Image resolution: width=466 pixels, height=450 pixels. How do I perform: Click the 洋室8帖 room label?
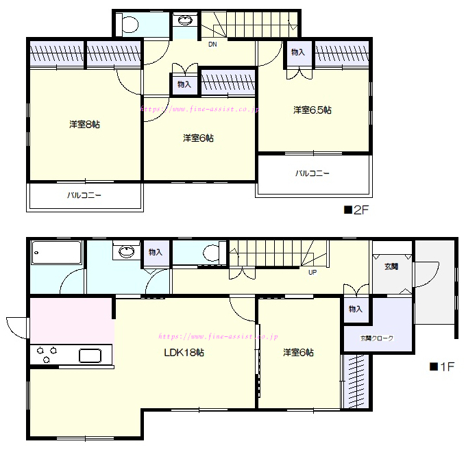[85, 124]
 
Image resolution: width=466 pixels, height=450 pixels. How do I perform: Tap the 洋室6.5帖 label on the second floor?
[312, 110]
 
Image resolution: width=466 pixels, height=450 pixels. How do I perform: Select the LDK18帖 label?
[184, 353]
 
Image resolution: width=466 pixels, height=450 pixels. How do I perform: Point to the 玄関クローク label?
[377, 338]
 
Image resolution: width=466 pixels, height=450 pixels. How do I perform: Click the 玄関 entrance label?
[391, 266]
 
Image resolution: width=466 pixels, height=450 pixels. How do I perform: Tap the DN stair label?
[212, 45]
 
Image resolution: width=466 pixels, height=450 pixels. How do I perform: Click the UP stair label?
[312, 272]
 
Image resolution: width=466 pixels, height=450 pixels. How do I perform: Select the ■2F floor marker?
[356, 210]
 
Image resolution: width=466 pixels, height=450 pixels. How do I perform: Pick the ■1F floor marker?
[442, 367]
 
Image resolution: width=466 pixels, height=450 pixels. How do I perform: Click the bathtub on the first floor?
[56, 253]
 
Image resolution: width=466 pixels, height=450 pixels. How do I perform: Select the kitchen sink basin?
[90, 355]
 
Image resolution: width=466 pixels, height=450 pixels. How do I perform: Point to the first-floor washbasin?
[127, 251]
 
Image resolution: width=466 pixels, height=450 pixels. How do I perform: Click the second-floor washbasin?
[185, 21]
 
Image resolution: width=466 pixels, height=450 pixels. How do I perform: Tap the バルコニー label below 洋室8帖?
[84, 195]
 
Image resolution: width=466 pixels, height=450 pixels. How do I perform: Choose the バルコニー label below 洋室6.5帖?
[312, 173]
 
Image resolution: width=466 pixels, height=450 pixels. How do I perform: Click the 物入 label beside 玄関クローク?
[356, 309]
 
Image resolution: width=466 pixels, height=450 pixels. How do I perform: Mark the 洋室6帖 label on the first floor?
[298, 353]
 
